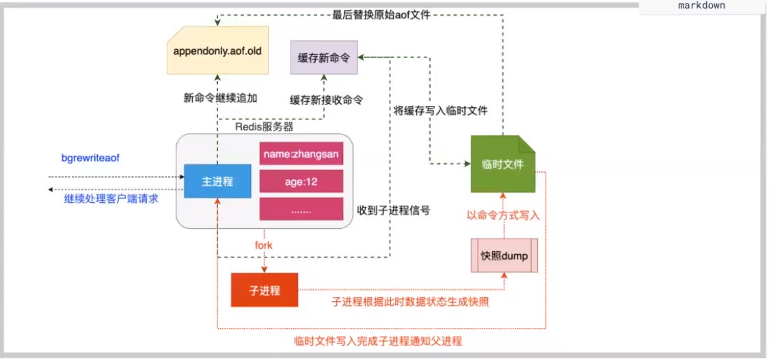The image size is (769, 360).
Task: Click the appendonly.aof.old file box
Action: pos(218,51)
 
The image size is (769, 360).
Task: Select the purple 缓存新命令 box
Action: pos(324,57)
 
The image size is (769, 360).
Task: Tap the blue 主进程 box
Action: pos(217,181)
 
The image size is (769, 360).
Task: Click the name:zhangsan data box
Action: pos(301,154)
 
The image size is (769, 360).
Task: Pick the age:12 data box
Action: pos(301,181)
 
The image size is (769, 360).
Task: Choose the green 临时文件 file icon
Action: pos(502,164)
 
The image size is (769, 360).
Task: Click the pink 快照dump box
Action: pos(504,255)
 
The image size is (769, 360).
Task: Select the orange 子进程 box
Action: pos(265,290)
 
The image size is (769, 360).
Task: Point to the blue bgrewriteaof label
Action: pos(90,158)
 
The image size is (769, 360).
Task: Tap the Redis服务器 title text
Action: pos(264,127)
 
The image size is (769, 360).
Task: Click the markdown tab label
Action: pos(701,6)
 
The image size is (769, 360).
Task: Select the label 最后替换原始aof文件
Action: pos(381,15)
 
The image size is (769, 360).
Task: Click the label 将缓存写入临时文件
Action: pos(440,111)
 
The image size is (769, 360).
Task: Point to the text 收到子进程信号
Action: pos(394,210)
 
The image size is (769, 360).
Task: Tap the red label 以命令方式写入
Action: pos(503,215)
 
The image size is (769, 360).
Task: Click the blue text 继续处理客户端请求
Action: pos(111,199)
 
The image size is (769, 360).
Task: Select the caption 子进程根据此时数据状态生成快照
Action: pos(410,302)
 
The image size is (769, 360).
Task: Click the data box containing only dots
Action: pos(301,209)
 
